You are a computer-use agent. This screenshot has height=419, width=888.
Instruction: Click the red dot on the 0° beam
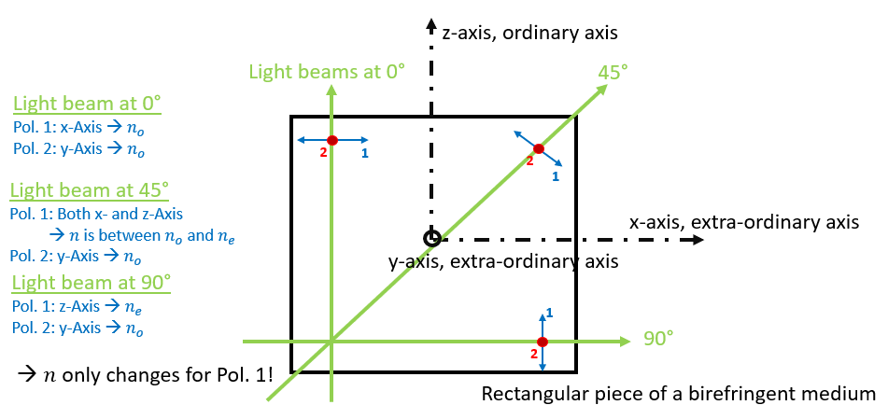pos(331,140)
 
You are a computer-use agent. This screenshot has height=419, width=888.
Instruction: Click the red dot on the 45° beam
pos(538,148)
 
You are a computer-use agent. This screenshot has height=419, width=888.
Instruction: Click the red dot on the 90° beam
pos(542,342)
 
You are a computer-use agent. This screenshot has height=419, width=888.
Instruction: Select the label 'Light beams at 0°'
pos(328,71)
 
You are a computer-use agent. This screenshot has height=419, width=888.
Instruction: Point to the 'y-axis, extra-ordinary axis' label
pos(503,261)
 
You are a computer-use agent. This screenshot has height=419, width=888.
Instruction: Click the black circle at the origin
pos(430,239)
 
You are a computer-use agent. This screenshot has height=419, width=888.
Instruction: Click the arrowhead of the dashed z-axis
pos(430,22)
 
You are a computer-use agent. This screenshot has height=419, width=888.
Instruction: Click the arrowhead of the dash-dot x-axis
pos(698,239)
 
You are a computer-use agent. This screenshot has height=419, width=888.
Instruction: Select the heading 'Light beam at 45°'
pos(90,190)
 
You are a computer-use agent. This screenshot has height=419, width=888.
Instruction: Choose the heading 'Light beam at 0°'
pos(88,104)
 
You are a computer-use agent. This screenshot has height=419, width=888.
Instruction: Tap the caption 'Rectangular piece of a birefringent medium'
pos(679,393)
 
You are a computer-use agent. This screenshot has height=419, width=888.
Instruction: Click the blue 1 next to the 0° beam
pos(364,151)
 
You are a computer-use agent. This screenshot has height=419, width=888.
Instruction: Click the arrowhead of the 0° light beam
pos(331,88)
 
